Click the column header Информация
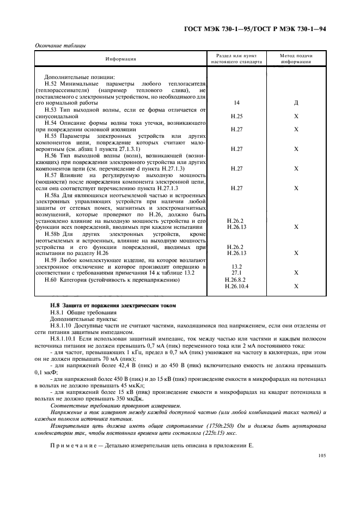click(x=121, y=59)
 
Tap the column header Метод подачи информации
click(x=296, y=59)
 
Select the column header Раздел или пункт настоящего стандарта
click(x=236, y=59)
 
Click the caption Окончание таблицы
click(x=57, y=45)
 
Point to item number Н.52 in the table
click(x=52, y=83)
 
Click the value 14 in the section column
click(x=236, y=103)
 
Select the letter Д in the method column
click(x=296, y=103)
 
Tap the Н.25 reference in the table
click(x=236, y=116)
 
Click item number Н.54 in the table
click(x=52, y=123)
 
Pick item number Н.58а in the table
click(x=53, y=195)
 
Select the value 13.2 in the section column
click(x=236, y=266)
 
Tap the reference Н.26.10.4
click(x=236, y=286)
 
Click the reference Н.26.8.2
click(x=236, y=280)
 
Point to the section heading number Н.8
click(x=55, y=305)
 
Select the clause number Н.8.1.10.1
click(x=64, y=338)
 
